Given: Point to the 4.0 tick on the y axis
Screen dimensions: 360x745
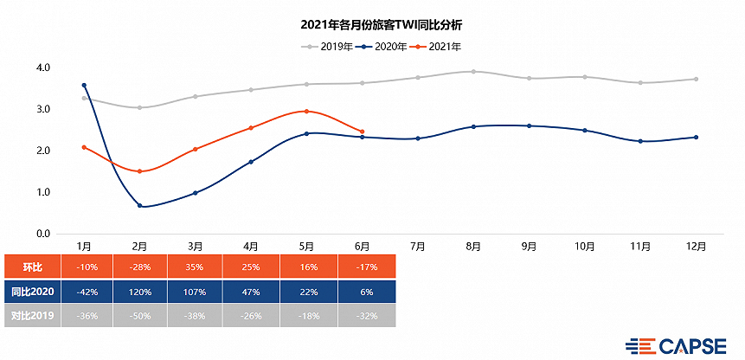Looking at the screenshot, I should [x=42, y=67].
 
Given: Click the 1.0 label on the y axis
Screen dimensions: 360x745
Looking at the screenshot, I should [x=42, y=192].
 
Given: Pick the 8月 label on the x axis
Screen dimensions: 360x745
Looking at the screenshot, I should [x=472, y=247].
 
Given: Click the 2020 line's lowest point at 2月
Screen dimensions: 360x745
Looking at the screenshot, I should [x=140, y=206].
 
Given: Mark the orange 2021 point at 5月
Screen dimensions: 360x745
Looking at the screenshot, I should [x=306, y=112].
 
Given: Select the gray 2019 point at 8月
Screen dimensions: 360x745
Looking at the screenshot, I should [x=473, y=72].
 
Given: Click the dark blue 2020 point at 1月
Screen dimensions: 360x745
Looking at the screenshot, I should [x=84, y=86].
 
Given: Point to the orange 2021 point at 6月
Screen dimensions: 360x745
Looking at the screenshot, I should [x=362, y=132].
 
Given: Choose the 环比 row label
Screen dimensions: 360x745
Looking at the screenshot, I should [x=31, y=267].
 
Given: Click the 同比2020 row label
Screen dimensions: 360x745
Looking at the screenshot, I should [x=31, y=292].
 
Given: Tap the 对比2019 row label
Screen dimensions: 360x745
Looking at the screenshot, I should [x=31, y=317].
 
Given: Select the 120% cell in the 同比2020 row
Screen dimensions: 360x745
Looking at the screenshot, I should [x=139, y=292].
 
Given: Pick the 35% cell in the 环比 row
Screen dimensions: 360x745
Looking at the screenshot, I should [x=195, y=267].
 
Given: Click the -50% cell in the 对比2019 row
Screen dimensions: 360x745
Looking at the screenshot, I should [x=139, y=317].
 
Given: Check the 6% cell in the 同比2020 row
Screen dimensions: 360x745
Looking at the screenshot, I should [x=362, y=292].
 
